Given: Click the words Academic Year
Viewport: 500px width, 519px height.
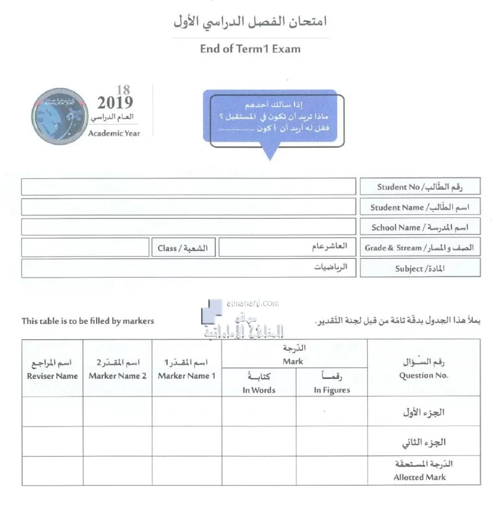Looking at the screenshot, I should point(114,134).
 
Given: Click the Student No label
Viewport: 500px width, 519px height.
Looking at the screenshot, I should point(420,187).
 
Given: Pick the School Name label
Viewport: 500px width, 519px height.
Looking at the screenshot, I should point(420,228).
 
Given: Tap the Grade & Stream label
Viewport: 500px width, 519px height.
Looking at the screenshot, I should point(420,248).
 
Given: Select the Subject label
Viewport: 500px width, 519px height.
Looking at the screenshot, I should point(420,269).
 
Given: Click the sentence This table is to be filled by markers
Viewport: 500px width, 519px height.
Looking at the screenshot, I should point(88,320).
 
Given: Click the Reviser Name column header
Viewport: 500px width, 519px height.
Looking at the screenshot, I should point(53,376).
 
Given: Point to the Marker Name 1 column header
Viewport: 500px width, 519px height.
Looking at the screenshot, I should point(187,376).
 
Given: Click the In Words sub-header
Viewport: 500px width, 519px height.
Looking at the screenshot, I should point(259,390).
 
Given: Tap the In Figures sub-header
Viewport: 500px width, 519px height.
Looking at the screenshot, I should point(331,390).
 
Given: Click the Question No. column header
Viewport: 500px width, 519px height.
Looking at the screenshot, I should point(423,375).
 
